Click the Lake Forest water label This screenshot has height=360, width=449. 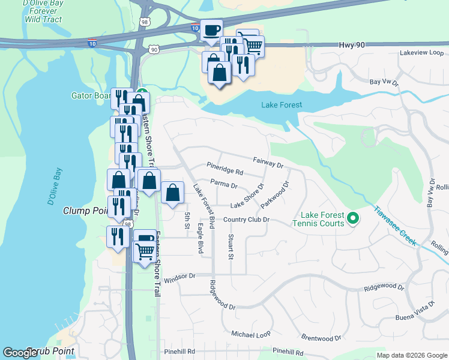(282, 105)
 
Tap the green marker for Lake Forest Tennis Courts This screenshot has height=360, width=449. (353, 218)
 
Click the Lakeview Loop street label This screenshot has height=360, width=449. (421, 53)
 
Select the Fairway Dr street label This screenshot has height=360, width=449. (268, 162)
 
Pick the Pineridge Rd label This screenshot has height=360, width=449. (224, 172)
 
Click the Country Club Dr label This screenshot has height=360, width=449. (246, 220)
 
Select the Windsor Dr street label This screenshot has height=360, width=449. (180, 277)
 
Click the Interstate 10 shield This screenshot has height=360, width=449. (196, 28)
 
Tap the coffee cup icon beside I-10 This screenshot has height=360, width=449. (211, 31)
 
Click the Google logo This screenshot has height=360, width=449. (20, 353)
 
